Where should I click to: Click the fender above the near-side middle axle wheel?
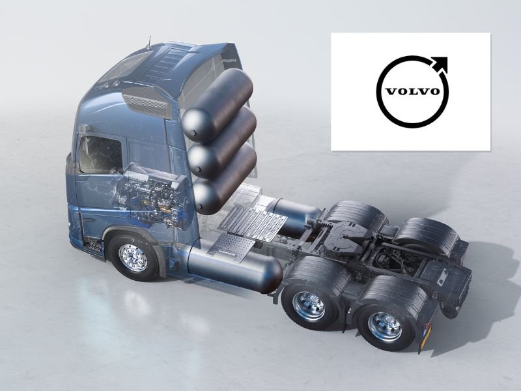point(313,270)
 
